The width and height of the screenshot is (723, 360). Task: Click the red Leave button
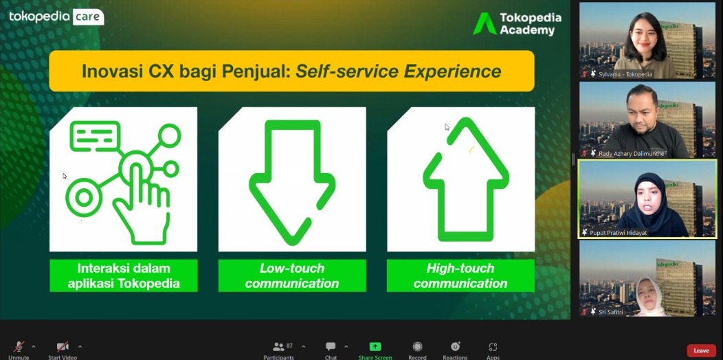pyautogui.click(x=701, y=350)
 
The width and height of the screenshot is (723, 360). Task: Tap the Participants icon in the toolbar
pyautogui.click(x=278, y=347)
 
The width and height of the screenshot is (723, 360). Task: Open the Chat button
pyautogui.click(x=331, y=347)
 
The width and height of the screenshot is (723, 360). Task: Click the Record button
pyautogui.click(x=417, y=347)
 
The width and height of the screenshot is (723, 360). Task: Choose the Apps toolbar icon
pyautogui.click(x=493, y=347)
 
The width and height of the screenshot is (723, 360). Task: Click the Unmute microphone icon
pyautogui.click(x=19, y=347)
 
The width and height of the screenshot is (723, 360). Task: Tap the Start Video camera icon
pyautogui.click(x=63, y=347)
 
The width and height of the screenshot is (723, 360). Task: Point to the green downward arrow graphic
pyautogui.click(x=292, y=183)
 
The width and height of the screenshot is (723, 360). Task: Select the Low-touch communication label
pyautogui.click(x=292, y=275)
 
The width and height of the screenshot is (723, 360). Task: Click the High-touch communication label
pyautogui.click(x=460, y=275)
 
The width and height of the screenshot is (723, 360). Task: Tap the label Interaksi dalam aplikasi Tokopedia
pyautogui.click(x=124, y=275)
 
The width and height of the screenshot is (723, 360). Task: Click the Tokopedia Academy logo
pyautogui.click(x=517, y=23)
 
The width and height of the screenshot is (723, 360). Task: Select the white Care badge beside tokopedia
pyautogui.click(x=88, y=16)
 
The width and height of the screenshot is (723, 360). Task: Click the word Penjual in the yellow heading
pyautogui.click(x=256, y=71)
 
